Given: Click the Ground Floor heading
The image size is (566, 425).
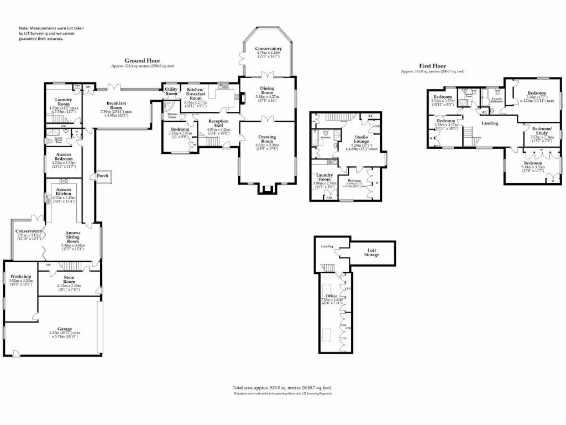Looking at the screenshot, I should point(142,61).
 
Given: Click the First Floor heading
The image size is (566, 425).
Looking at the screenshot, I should point(433,65).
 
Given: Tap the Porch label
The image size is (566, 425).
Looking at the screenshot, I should point(103,176).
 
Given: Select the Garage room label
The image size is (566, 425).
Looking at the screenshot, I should point(66,329).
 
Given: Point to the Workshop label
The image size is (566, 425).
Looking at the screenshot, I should point(21,276).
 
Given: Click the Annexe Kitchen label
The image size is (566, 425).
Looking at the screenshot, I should point(63,193).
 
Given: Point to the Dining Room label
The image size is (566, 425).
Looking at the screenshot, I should point(268,90).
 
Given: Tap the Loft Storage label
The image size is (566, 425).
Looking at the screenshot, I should point(371,252).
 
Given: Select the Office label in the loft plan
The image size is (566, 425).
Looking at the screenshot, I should point(332,296).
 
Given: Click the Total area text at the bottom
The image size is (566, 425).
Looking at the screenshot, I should point(282,388).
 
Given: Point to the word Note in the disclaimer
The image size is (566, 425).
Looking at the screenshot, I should point(24,28).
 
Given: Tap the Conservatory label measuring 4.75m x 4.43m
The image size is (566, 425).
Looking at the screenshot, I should point(268,49).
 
